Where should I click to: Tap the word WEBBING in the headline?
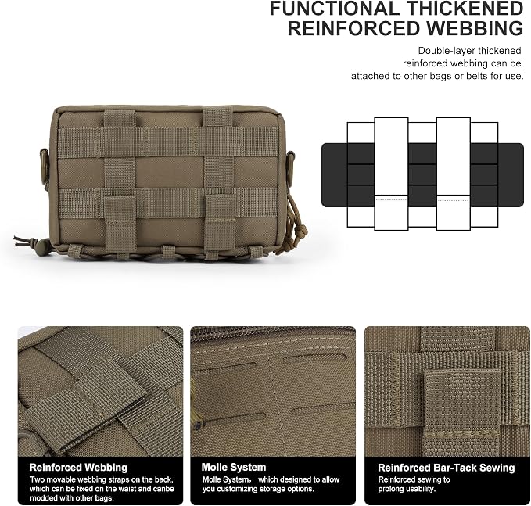pyautogui.click(x=475, y=28)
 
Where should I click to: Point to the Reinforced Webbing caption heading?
pyautogui.click(x=78, y=468)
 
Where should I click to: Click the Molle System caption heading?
pyautogui.click(x=234, y=468)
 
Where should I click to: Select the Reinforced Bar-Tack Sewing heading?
pyautogui.click(x=446, y=468)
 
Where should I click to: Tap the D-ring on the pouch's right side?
pyautogui.click(x=291, y=164)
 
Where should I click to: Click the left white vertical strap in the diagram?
pyautogui.click(x=391, y=174)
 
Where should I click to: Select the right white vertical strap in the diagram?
pyautogui.click(x=454, y=174)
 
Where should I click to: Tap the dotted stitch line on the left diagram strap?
pyautogui.click(x=391, y=200)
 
